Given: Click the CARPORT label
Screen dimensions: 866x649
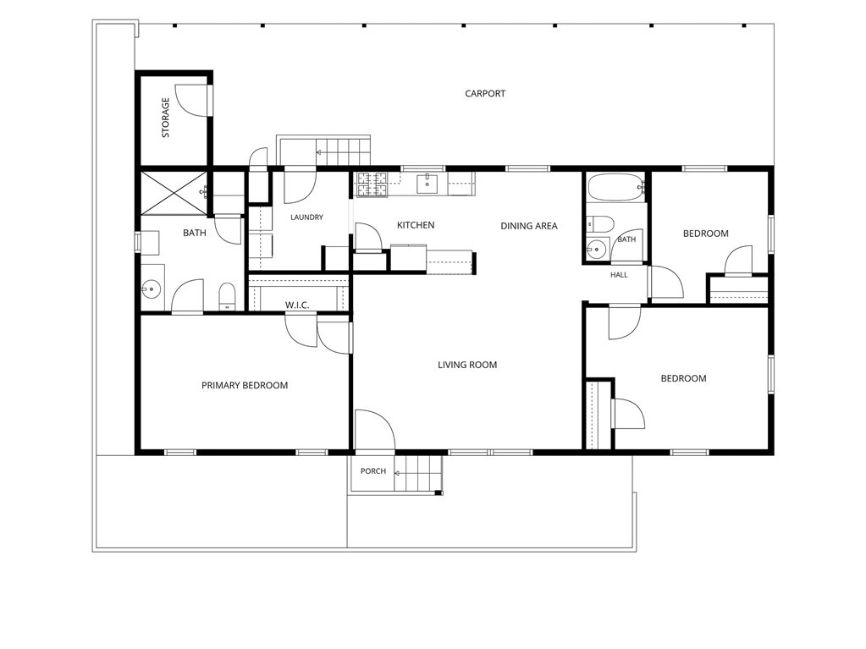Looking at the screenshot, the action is coord(485,94).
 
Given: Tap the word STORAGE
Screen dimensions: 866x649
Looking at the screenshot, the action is coord(165,118).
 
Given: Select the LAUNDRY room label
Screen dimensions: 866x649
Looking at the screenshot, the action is coord(306,217).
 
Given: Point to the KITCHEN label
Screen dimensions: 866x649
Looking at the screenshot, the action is coord(416,225).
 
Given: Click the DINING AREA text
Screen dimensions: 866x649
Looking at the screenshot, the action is coord(528,226).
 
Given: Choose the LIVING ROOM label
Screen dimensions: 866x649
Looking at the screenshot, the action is coord(467,365).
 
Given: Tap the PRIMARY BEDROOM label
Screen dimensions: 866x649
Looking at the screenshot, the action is coord(245,385).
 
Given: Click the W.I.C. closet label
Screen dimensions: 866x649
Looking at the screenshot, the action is coord(297,305).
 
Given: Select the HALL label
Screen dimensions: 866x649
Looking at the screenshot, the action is coord(619,275).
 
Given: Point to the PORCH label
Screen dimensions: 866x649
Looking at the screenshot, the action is coord(373,471).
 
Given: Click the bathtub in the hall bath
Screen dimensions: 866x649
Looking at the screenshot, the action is coord(615,188).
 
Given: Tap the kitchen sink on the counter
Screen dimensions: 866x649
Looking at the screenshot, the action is coord(427,184).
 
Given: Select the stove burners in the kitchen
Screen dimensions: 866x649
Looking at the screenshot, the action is coord(372,184).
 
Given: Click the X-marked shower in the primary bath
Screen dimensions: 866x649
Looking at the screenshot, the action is coord(174,192).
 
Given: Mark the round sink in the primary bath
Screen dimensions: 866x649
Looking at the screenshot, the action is coord(151,288).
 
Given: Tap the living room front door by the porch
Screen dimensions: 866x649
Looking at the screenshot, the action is coord(374,429).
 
